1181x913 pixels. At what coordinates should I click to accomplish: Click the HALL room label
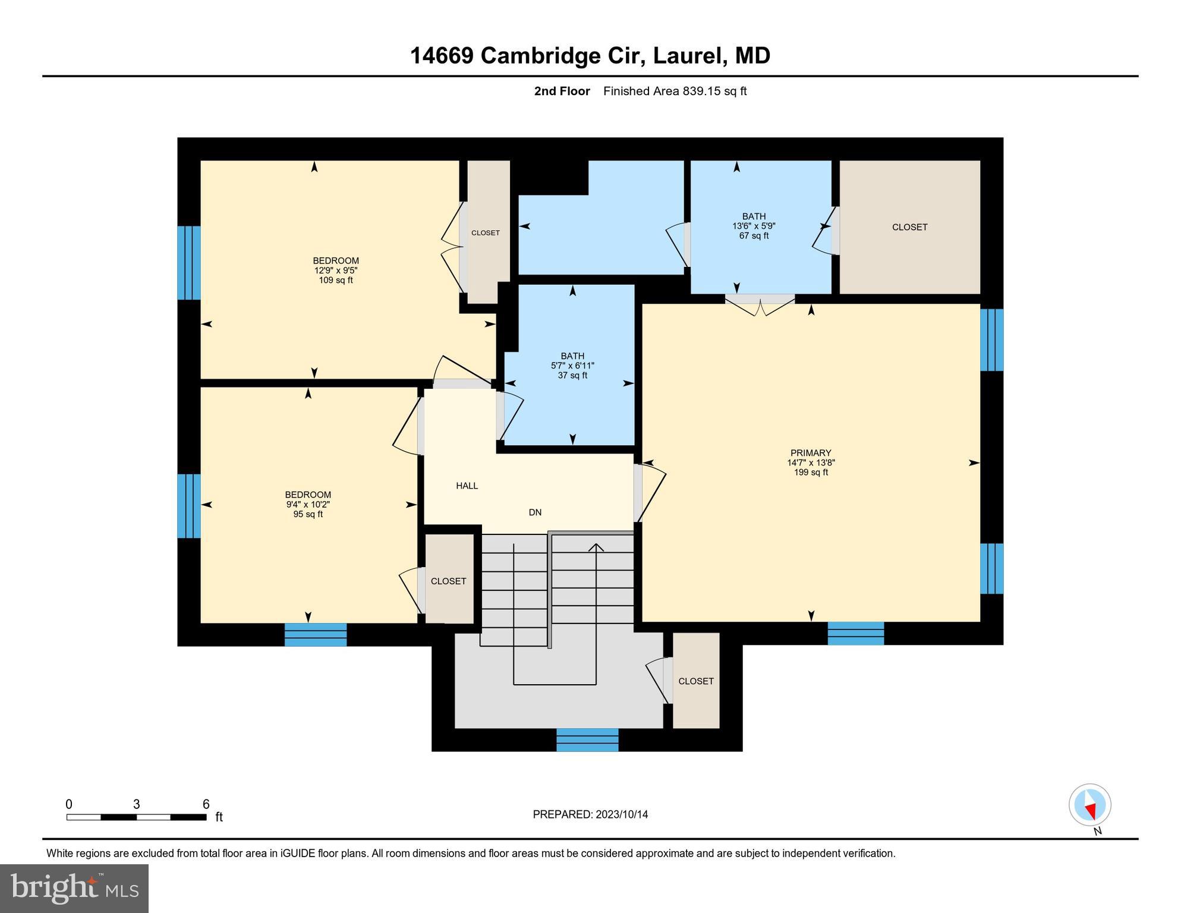[x=467, y=486]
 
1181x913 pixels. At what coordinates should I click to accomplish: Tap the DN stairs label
[x=535, y=512]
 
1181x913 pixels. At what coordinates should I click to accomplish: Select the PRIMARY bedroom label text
[x=811, y=453]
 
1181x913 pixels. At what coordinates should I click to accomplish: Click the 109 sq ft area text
[x=336, y=280]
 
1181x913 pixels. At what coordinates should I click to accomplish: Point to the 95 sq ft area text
[x=308, y=514]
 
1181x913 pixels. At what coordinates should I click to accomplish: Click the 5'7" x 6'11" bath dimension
[x=572, y=366]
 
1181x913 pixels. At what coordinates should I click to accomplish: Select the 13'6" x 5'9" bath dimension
[x=754, y=226]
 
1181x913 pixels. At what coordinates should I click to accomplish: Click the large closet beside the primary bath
[x=909, y=227]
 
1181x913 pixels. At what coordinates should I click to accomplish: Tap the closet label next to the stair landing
[x=696, y=681]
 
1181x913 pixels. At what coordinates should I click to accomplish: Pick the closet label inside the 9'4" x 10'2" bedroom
[x=448, y=581]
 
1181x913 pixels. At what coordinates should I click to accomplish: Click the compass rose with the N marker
[x=1090, y=805]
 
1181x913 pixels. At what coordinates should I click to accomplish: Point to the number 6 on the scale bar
[x=206, y=804]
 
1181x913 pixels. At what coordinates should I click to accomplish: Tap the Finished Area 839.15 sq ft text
[x=675, y=91]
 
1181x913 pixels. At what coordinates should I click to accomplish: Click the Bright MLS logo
[x=74, y=888]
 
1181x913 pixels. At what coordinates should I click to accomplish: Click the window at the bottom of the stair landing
[x=587, y=740]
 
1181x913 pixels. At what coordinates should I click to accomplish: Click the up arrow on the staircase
[x=596, y=547]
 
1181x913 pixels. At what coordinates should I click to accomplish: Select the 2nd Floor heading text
[x=562, y=91]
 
